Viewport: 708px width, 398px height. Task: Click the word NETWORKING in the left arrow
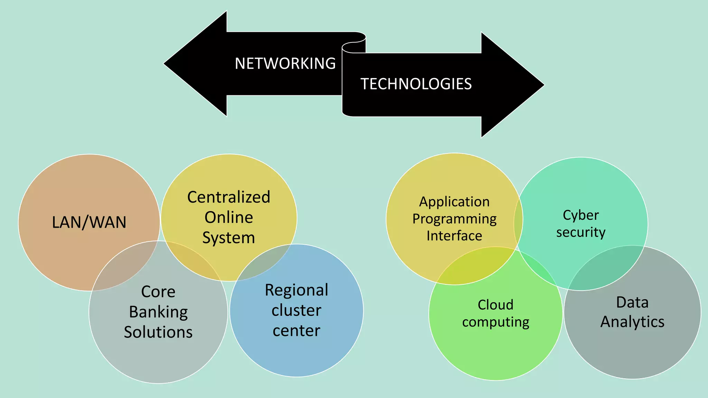[285, 64]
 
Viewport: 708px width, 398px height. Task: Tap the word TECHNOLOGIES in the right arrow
[416, 84]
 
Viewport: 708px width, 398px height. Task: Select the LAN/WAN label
[89, 222]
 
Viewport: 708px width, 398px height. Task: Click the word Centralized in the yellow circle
[229, 197]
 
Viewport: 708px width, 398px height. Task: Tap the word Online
[229, 217]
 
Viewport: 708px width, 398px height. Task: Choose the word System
[229, 238]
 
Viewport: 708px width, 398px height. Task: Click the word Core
[158, 292]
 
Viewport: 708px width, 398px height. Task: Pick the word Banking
[158, 312]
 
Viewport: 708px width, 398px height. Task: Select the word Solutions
[158, 332]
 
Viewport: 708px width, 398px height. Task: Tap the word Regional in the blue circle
[296, 290]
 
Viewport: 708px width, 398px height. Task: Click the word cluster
[296, 310]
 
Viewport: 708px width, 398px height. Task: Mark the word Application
[454, 202]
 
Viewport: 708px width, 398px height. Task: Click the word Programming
[454, 219]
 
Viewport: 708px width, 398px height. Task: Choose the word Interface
[454, 236]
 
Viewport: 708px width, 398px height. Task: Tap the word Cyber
[581, 215]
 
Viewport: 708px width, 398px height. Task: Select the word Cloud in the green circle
[495, 305]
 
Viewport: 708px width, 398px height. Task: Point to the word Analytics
[632, 322]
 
